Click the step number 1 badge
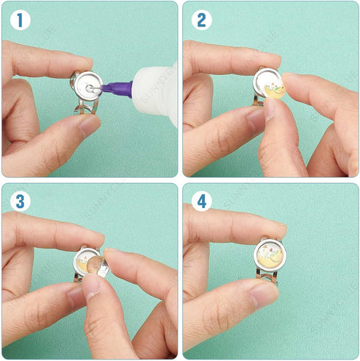click(x=21, y=21)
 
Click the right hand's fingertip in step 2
click(x=290, y=87)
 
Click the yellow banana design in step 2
click(x=273, y=91)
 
